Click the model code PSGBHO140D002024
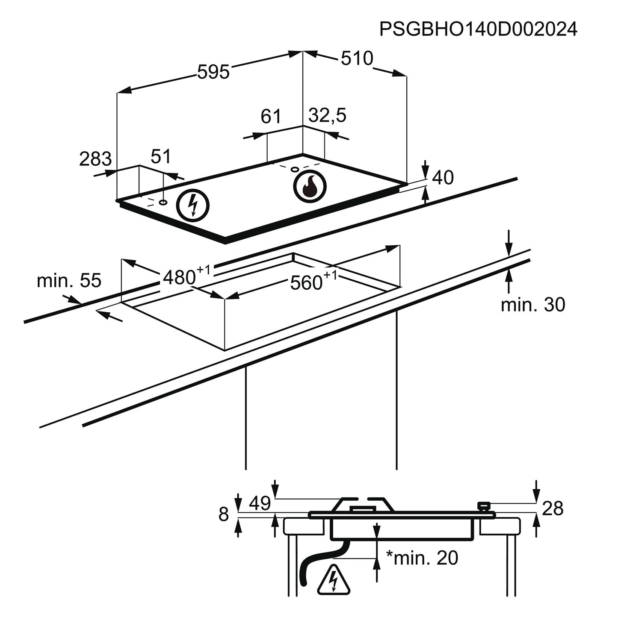[478, 30]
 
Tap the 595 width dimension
[213, 71]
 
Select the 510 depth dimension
[357, 58]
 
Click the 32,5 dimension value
[327, 115]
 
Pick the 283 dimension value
[95, 159]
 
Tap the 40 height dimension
[443, 178]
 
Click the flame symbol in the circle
[310, 187]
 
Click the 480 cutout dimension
[180, 278]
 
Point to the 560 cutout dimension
[306, 282]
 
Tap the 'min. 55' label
[69, 281]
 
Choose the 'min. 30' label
[533, 305]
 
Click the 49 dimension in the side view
[260, 504]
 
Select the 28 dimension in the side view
[553, 509]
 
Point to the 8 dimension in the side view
[224, 514]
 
